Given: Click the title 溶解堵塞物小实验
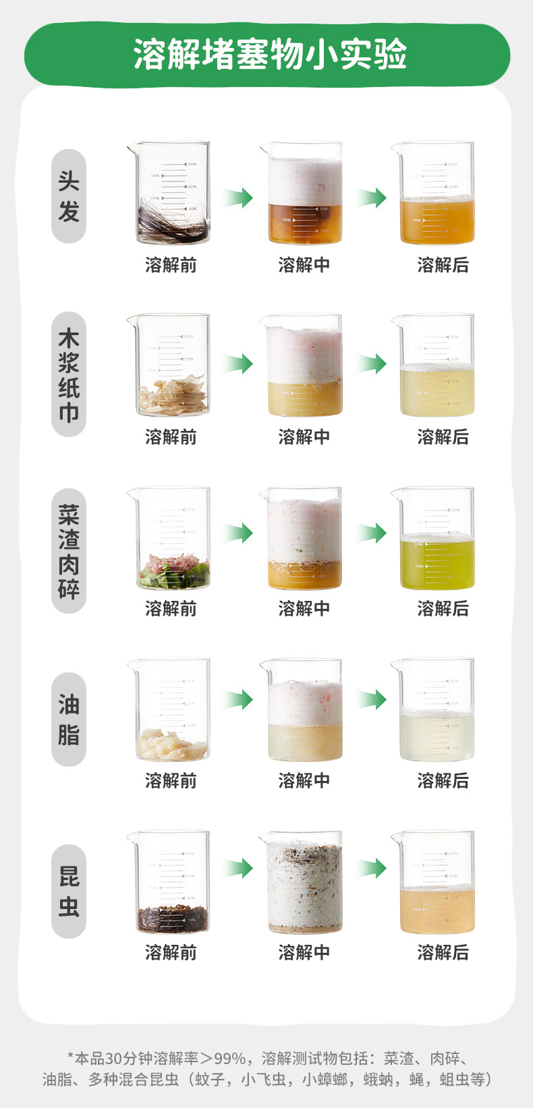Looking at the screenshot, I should point(270,54).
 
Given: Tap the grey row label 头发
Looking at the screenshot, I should point(69,196).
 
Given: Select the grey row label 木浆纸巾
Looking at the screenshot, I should point(69,374).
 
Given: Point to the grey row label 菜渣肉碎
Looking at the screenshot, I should point(69,551).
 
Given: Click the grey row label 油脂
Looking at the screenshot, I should point(69,719).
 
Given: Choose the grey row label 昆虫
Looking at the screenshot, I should point(69,891).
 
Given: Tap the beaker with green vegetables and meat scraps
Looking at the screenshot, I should point(171,539).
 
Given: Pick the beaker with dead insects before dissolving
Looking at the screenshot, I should point(171,883).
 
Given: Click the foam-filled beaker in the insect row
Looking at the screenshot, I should point(303,883).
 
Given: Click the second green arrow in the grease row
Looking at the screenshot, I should point(371,700).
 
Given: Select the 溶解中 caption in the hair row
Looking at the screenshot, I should point(304,265).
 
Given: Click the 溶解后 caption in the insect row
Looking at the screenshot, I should point(443,952).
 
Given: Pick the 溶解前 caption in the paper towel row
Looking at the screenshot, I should point(171,437).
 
